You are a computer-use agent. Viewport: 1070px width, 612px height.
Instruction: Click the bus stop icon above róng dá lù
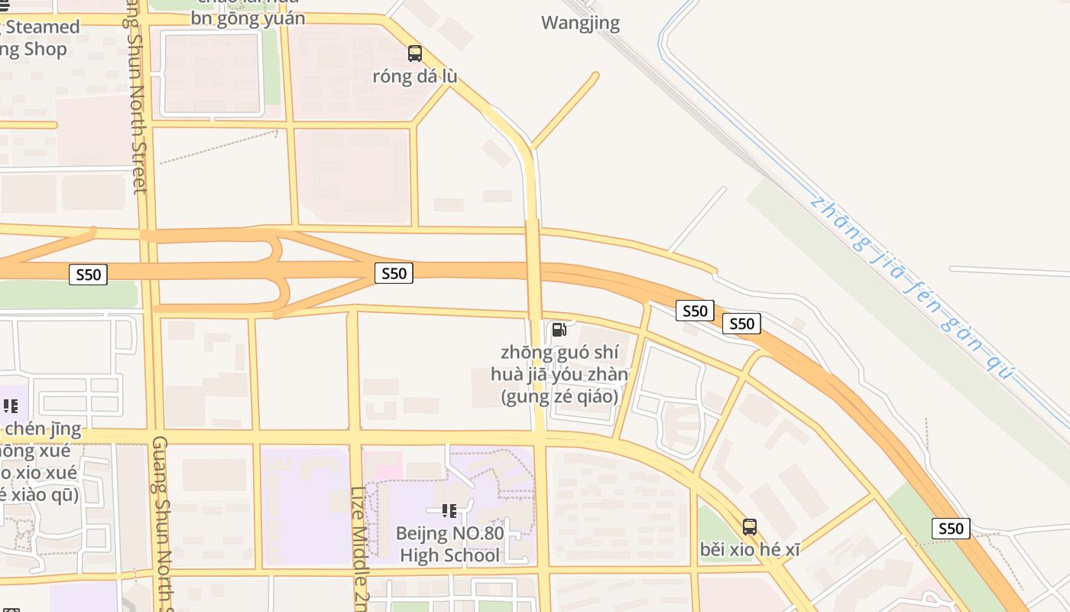pos(415,54)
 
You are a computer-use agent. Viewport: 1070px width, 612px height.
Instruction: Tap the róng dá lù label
pos(415,76)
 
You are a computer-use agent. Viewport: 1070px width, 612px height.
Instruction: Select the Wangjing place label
pos(580,23)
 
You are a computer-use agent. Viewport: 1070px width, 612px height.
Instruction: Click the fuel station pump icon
pos(559,330)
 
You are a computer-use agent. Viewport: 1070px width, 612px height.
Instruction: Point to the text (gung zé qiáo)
pos(559,397)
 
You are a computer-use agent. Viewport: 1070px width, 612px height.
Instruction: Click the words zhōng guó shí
pos(559,353)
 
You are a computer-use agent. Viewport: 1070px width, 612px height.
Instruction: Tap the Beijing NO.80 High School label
pos(449,544)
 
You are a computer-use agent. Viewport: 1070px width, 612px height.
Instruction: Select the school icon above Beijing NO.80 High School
pos(449,510)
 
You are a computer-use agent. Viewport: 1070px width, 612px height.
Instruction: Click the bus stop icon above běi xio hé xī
pos(750,527)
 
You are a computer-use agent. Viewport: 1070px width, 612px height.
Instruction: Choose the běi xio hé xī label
pos(750,550)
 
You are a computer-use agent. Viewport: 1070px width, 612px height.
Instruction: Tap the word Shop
pos(44,50)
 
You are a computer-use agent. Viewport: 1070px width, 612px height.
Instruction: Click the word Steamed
pos(44,28)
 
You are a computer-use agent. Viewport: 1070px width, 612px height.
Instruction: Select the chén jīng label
pos(43,428)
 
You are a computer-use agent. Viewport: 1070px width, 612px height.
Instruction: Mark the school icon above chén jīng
pos(10,405)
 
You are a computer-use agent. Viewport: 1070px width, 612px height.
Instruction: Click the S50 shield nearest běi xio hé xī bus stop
pos(951,529)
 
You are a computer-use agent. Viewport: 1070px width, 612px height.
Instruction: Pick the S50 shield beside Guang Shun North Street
pos(88,275)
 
